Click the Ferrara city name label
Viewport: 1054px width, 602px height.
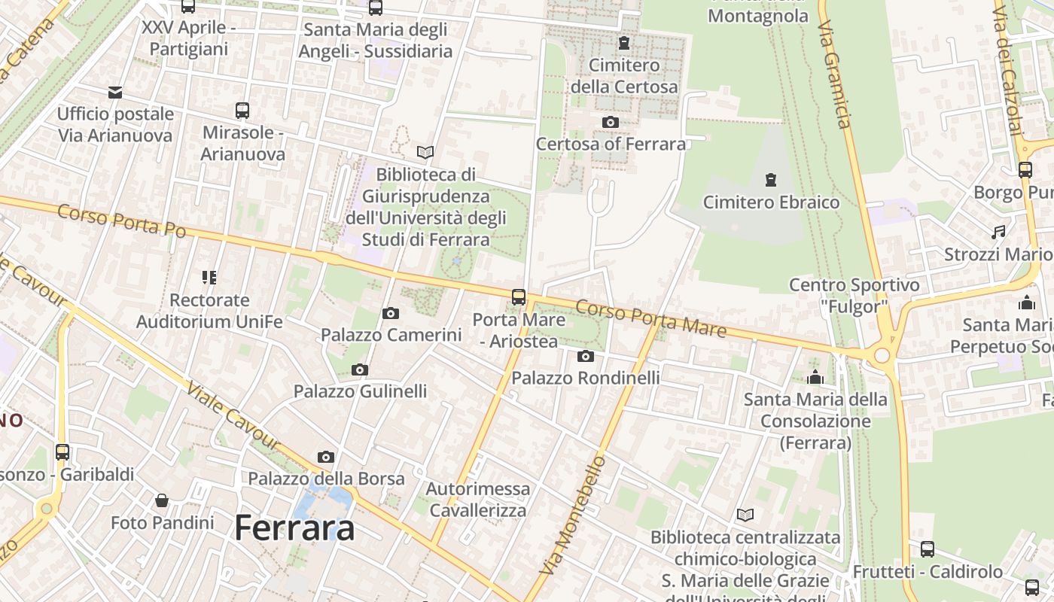pyautogui.click(x=294, y=528)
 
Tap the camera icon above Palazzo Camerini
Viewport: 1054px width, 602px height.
pyautogui.click(x=390, y=313)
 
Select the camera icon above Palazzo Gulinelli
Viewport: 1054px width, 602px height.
pyautogui.click(x=360, y=369)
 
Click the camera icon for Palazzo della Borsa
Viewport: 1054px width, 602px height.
pyautogui.click(x=326, y=457)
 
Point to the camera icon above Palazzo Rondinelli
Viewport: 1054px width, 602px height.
pyautogui.click(x=586, y=356)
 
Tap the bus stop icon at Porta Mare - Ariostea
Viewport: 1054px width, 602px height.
pyautogui.click(x=519, y=296)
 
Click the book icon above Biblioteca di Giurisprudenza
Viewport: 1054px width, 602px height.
pyautogui.click(x=425, y=152)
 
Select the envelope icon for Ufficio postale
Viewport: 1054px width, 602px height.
pyautogui.click(x=115, y=93)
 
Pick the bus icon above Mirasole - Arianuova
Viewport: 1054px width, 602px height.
pyautogui.click(x=242, y=111)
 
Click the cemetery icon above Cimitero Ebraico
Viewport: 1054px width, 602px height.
pyautogui.click(x=771, y=180)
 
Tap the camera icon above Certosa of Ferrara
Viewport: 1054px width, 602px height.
pyautogui.click(x=611, y=122)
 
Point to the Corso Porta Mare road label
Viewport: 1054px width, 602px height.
pyautogui.click(x=651, y=318)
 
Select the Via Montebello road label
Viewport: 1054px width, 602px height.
pyautogui.click(x=573, y=515)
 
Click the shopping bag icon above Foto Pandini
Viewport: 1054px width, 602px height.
pyautogui.click(x=162, y=500)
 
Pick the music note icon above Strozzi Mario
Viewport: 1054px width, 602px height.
pyautogui.click(x=999, y=232)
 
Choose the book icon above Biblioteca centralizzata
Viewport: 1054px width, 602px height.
pyautogui.click(x=745, y=515)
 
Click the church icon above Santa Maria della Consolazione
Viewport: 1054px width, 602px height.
pyautogui.click(x=815, y=377)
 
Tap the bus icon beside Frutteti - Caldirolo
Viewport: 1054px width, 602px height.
pyautogui.click(x=928, y=549)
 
